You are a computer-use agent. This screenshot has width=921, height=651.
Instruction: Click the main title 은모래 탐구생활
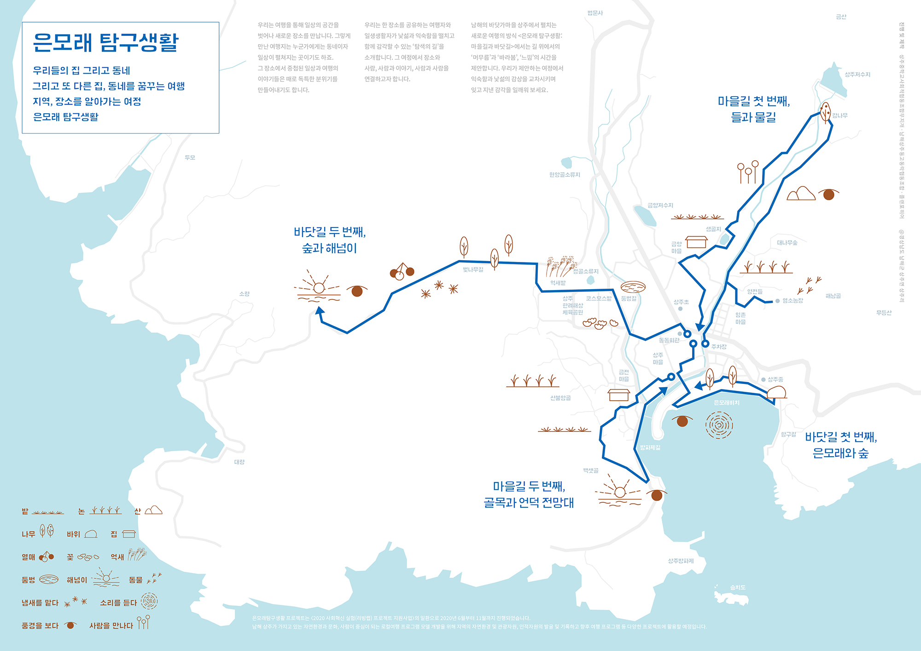point(105,42)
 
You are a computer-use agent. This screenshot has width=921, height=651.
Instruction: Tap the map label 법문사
point(595,13)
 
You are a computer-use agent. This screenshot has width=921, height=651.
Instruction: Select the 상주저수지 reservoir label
point(857,75)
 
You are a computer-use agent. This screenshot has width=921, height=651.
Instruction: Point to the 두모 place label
point(190,157)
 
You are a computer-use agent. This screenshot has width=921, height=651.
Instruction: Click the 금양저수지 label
point(660,205)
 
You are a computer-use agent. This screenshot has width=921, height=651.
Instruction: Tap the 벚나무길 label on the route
point(473,269)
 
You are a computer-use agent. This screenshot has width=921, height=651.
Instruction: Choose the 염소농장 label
point(793,301)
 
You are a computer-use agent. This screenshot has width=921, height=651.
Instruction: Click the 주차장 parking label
point(718,347)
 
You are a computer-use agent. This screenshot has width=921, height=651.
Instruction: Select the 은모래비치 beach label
point(726,403)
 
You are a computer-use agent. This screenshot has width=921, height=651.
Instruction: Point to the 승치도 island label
point(737,587)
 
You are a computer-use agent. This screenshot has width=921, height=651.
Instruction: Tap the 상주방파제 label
point(681,561)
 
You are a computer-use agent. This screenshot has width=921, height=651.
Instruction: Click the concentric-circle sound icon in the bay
point(719,425)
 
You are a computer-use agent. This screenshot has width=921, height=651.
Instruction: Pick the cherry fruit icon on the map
point(402,272)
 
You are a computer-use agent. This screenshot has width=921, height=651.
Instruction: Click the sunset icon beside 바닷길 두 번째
point(318,287)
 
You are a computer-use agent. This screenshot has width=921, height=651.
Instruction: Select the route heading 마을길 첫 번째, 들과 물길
point(753,109)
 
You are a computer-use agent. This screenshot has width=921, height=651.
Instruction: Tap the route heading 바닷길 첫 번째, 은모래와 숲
point(840,445)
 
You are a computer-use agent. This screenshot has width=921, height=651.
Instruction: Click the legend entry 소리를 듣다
point(118,603)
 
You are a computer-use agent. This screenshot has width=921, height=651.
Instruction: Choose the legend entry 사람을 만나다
point(111,626)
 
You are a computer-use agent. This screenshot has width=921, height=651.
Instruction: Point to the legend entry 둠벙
point(29,580)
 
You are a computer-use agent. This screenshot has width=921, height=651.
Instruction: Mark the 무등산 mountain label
point(884,313)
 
